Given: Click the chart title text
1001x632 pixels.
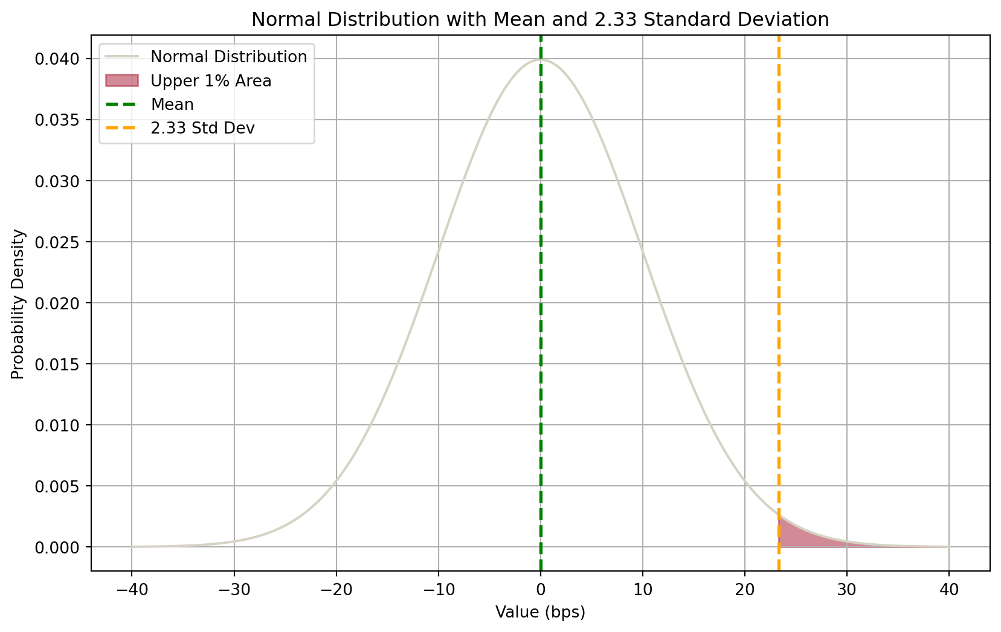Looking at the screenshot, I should tap(540, 20).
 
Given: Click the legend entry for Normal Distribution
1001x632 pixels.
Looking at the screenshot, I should tap(228, 57).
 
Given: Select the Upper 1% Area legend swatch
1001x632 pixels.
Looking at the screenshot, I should tap(122, 81).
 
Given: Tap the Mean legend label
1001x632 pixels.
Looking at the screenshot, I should tap(172, 105).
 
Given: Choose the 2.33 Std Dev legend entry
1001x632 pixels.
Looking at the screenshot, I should tap(202, 128).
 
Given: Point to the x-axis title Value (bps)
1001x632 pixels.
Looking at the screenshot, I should tap(540, 613).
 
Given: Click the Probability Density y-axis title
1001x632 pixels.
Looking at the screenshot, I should tap(18, 304).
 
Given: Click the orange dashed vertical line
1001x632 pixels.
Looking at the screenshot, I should tap(779, 302).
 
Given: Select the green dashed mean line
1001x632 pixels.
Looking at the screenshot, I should tap(541, 302).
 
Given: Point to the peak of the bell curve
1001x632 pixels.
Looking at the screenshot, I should tap(541, 60).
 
